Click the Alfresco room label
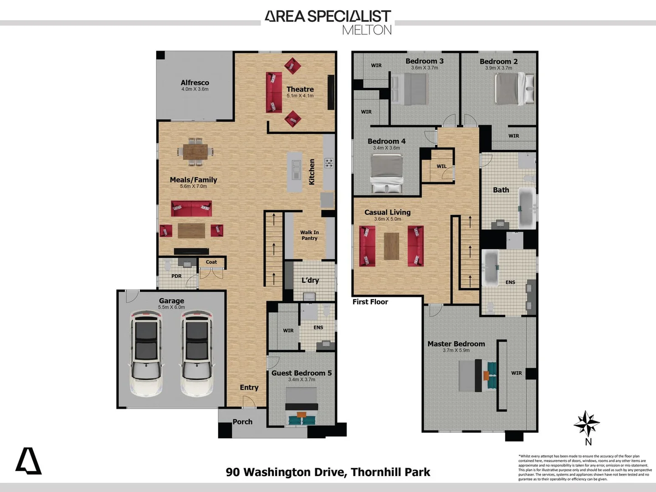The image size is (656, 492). tap(195, 82)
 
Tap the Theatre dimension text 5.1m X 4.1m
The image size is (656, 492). tap(300, 96)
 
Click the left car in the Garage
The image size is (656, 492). tap(146, 353)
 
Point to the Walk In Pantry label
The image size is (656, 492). tap(309, 235)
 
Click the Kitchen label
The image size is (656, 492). tap(312, 172)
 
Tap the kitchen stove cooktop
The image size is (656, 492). tap(328, 163)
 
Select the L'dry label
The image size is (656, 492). tap(310, 280)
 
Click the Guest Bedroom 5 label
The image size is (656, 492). tap(302, 373)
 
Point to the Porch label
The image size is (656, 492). tap(242, 422)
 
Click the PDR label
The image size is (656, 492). tap(176, 276)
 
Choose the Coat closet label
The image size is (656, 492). tap(211, 262)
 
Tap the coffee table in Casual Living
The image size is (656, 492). tap(391, 246)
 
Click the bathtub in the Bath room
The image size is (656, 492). tap(527, 209)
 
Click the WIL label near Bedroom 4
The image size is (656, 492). tap(441, 166)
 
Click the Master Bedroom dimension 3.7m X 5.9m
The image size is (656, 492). tap(456, 350)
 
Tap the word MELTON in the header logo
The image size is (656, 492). tap(367, 30)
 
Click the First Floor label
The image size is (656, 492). tap(370, 302)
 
